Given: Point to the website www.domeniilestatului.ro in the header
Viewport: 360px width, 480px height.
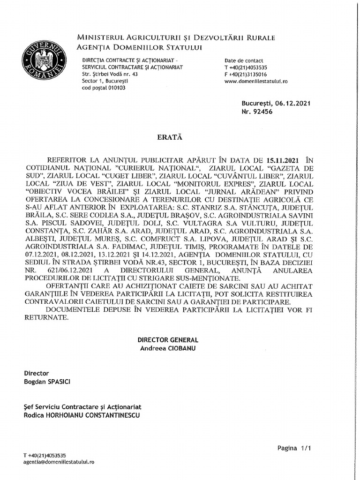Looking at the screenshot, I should pos(256,81).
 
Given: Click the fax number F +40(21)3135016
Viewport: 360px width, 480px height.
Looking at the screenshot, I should pos(246,74).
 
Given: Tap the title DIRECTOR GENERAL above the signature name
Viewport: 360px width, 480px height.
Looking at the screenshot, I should pos(168,340).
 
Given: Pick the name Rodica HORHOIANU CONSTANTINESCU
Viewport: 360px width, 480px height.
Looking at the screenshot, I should pos(82,415).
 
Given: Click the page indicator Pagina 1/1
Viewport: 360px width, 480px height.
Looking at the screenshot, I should pos(294,448).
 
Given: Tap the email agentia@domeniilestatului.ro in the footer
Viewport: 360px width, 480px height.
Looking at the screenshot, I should pos(59,462).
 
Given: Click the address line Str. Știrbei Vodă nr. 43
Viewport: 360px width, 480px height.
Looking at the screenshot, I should pos(110,74).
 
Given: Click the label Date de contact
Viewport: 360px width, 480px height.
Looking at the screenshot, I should pos(244,60).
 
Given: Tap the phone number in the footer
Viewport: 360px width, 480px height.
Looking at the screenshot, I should pos(45,455).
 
